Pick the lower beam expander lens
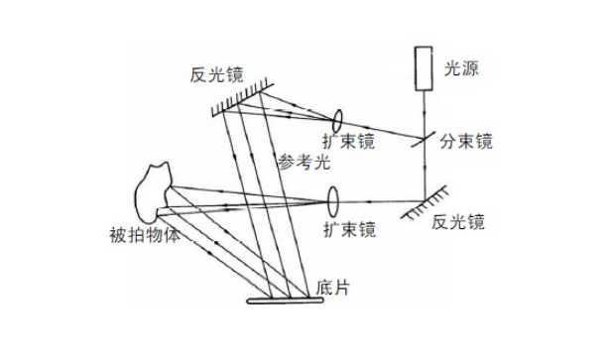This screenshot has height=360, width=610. [332, 200]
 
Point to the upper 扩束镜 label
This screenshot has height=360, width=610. [348, 142]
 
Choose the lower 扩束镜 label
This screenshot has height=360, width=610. [349, 230]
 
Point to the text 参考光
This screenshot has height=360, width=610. [302, 161]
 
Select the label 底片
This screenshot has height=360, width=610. [333, 288]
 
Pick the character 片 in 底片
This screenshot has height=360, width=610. [342, 288]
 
